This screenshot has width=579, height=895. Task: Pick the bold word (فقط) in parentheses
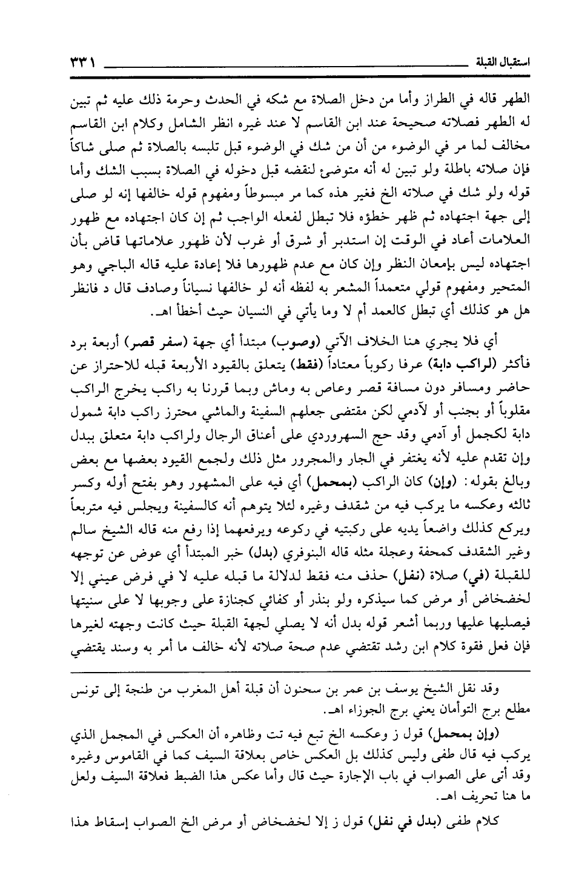(300, 364)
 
